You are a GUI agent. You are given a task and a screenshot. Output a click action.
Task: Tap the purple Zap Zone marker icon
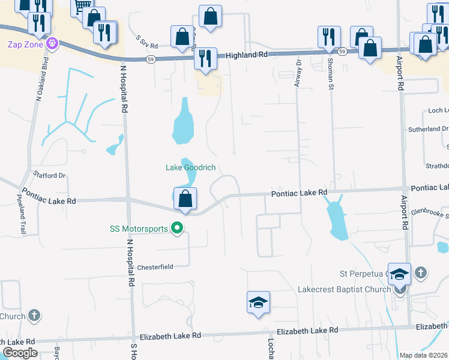pos(53,44)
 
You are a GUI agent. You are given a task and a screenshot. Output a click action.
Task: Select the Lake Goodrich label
pos(190,167)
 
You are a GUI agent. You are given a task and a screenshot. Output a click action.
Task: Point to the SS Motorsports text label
pos(139,228)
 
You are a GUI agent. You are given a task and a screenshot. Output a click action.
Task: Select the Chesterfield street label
pos(155,267)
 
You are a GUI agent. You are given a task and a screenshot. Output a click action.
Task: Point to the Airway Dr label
pos(297,74)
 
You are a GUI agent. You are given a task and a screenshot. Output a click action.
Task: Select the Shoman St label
pos(330,75)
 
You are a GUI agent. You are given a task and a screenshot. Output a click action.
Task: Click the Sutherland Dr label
pos(428,129)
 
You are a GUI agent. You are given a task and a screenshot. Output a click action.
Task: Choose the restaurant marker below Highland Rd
pos(206,60)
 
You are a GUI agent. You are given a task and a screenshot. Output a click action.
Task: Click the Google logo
pos(20,353)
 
